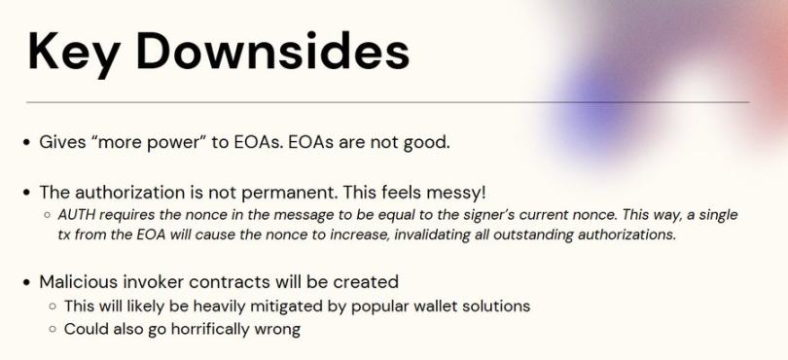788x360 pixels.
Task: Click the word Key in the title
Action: pos(73,54)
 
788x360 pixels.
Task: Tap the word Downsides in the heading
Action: pos(273,51)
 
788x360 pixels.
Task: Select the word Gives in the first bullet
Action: pos(61,142)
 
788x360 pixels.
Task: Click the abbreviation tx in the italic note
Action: pos(64,235)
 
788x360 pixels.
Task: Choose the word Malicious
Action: pos(77,281)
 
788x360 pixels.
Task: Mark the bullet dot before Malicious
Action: pos(27,282)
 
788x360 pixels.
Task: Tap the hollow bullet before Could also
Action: pos(53,330)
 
